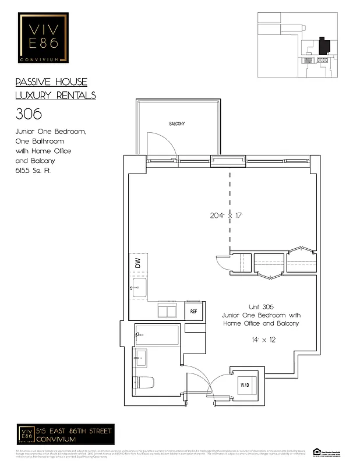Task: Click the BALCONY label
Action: tap(177, 124)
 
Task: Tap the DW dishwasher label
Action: tap(138, 263)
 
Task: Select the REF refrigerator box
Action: tap(194, 311)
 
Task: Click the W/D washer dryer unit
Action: tap(245, 385)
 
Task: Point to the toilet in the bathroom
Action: tap(143, 383)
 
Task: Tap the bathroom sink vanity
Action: tap(140, 358)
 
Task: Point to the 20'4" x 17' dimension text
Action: tap(227, 215)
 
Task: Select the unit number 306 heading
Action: tap(29, 113)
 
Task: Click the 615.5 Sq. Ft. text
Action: tap(33, 171)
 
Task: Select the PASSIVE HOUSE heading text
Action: tap(51, 82)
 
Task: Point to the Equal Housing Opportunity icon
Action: tap(317, 451)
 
